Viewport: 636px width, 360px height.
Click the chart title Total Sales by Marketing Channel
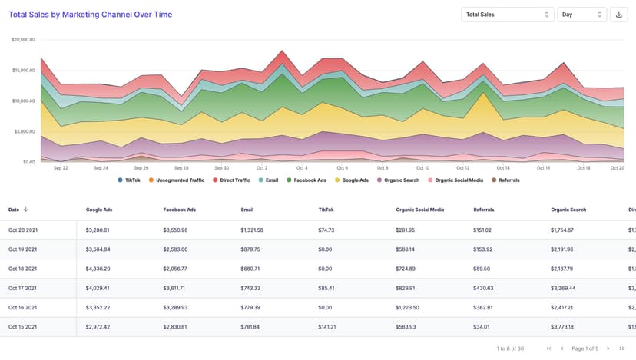pyautogui.click(x=90, y=15)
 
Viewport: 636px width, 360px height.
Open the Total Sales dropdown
pyautogui.click(x=507, y=15)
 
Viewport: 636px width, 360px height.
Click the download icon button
pyautogui.click(x=619, y=15)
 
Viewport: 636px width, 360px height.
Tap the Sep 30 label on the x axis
pyautogui.click(x=221, y=167)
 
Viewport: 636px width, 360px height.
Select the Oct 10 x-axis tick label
pyautogui.click(x=422, y=167)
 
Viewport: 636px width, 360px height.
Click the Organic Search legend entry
pyautogui.click(x=398, y=180)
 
